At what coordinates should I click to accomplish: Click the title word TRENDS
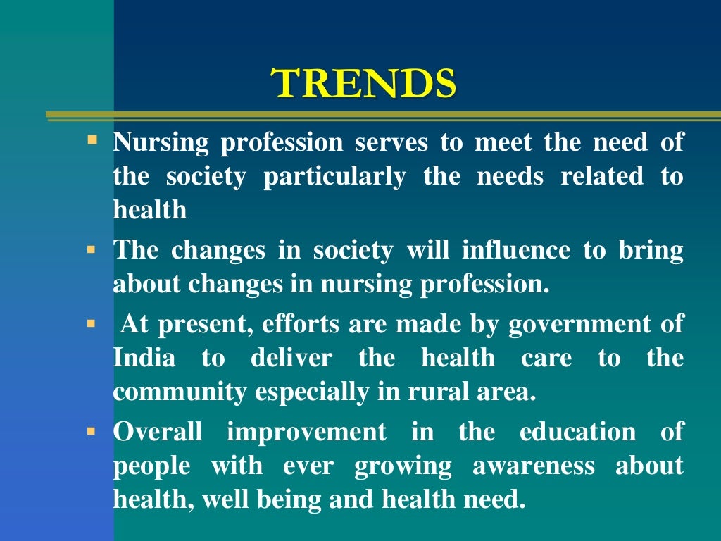(x=365, y=84)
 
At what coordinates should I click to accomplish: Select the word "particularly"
(x=334, y=177)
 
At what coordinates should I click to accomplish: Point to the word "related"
(x=601, y=177)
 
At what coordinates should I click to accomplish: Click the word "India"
(x=144, y=358)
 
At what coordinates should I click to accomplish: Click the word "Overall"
(x=158, y=431)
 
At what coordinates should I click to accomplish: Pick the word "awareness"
(x=533, y=466)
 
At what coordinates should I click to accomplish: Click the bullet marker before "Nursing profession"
(x=92, y=139)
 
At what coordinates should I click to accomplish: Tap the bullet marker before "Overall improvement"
(x=91, y=428)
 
